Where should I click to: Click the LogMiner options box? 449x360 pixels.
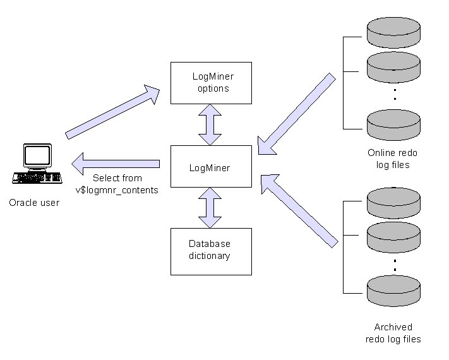(x=211, y=83)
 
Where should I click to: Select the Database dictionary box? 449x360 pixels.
(x=211, y=251)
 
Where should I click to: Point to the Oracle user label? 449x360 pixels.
(x=34, y=203)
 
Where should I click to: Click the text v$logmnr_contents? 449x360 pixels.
(x=117, y=189)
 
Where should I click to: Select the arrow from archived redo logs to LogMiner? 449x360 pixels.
(x=297, y=211)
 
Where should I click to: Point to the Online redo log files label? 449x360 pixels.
(x=392, y=159)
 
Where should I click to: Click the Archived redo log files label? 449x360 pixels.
(x=393, y=333)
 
